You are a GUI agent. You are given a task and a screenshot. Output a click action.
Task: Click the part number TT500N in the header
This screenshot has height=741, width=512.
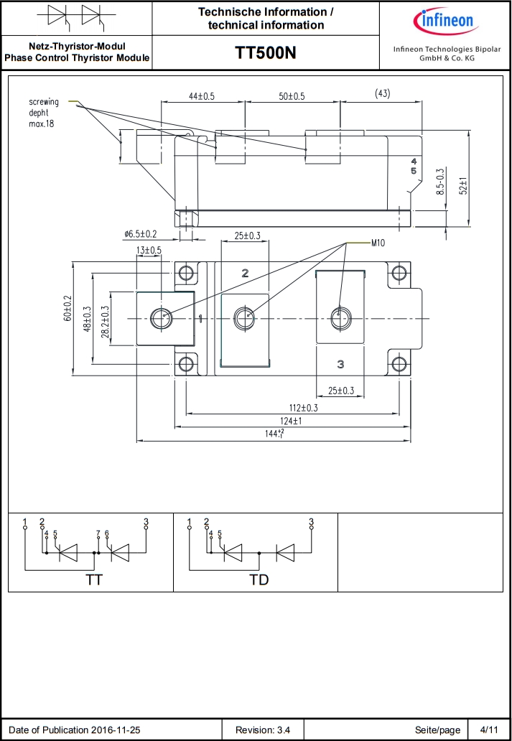coord(266,53)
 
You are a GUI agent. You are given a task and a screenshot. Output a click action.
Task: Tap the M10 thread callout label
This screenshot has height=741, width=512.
coord(378,243)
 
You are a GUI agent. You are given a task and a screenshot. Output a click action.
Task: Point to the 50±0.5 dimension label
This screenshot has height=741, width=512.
coord(292,96)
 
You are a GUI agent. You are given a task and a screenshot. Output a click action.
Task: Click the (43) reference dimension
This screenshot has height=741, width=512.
coord(383,94)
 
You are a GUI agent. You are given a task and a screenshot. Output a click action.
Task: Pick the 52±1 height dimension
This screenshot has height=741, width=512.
coord(463,187)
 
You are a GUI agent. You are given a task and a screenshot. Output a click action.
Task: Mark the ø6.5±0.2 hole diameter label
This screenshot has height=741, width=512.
coord(140,234)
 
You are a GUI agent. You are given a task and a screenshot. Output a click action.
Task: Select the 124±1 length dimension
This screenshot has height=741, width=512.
coord(290,421)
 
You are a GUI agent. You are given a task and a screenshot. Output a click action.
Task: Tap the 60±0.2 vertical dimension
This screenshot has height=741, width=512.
coord(68,308)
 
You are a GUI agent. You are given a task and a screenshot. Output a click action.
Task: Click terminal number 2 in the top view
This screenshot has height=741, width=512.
coord(245,274)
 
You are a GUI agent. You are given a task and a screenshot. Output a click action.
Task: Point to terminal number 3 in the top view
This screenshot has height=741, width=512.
coord(340,365)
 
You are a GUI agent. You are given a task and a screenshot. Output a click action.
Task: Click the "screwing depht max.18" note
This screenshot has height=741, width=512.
coord(45,113)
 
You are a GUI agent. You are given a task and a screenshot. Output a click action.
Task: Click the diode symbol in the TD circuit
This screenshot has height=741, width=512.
coord(285,552)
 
